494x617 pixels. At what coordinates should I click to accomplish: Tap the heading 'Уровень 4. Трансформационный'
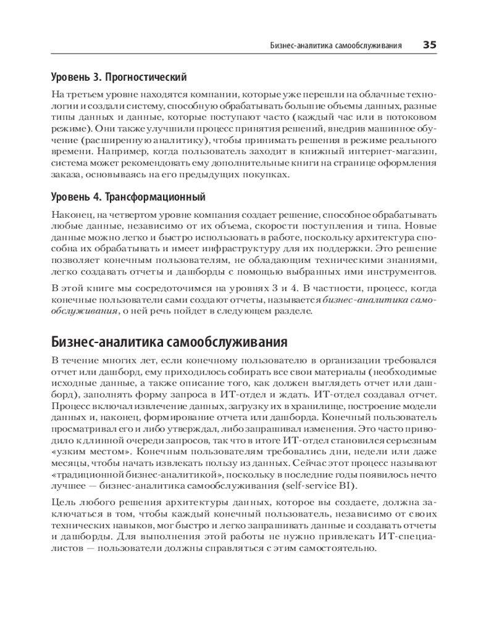coord(128,197)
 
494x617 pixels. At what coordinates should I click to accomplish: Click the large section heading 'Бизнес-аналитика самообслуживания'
coord(167,342)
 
